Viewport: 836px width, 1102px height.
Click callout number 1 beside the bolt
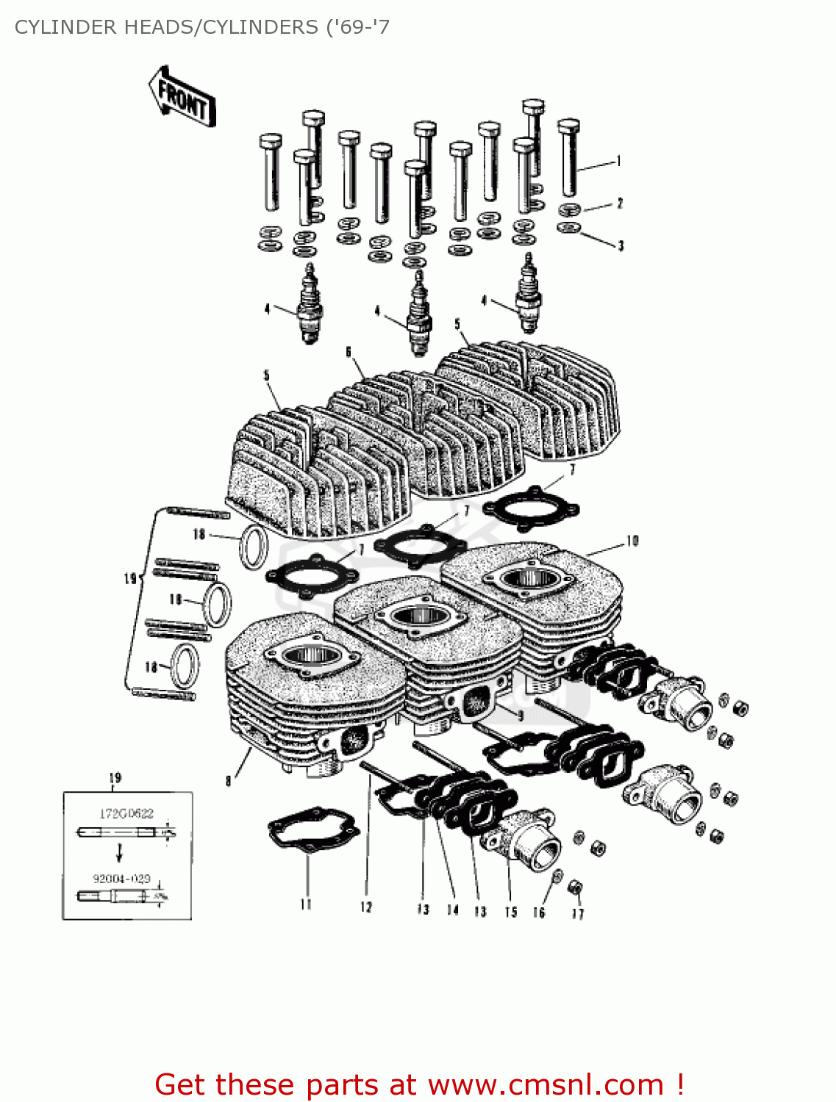(x=619, y=161)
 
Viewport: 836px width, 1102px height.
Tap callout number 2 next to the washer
(x=620, y=204)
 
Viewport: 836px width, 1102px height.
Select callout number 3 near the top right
(x=621, y=246)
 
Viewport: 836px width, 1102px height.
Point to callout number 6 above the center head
(x=349, y=352)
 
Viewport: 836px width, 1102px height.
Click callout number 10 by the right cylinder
(x=632, y=541)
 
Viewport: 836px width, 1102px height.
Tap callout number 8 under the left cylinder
(x=229, y=781)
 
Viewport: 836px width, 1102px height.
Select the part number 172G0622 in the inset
(x=126, y=813)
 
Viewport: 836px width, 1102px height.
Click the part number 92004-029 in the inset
(x=121, y=879)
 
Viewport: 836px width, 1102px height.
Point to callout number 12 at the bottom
(x=366, y=908)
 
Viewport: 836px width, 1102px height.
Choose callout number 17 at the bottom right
(x=578, y=914)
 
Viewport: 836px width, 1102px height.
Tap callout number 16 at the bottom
(x=539, y=912)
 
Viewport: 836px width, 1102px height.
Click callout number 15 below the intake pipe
(x=510, y=912)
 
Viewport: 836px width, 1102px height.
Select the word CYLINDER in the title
(x=65, y=27)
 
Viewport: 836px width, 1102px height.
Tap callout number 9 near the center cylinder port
(x=521, y=715)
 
